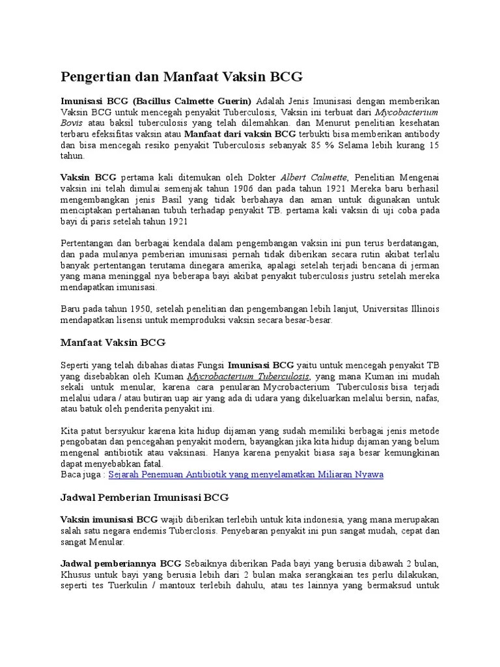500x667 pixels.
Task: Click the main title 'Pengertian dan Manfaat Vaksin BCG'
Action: click(182, 78)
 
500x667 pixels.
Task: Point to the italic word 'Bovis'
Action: click(72, 122)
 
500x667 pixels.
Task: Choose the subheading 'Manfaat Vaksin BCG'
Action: click(113, 342)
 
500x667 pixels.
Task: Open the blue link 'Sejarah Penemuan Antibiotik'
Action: click(246, 474)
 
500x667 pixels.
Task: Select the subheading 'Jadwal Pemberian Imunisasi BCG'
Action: click(145, 498)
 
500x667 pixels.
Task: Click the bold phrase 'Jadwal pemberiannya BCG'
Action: click(121, 563)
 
